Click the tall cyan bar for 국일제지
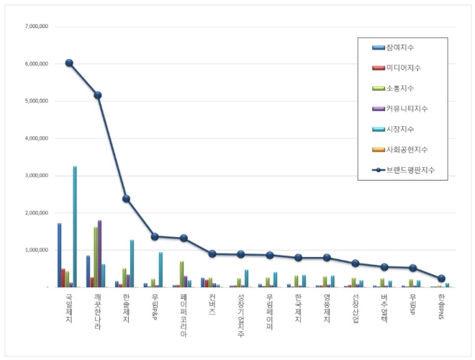coord(75,227)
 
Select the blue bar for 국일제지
coord(59,256)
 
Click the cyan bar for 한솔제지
coord(132,264)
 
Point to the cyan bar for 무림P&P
coord(160,270)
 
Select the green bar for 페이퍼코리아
coord(181,274)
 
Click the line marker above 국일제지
coord(69,63)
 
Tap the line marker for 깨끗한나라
coord(97,95)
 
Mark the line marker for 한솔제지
coord(126,199)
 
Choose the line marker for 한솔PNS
coord(441,279)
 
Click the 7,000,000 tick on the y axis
coord(35,27)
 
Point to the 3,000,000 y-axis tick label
coord(35,176)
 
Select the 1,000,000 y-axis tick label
coord(35,250)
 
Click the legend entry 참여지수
coord(400,48)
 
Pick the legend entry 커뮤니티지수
coord(407,109)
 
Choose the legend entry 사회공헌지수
coord(407,150)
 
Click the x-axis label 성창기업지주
coord(240,316)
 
